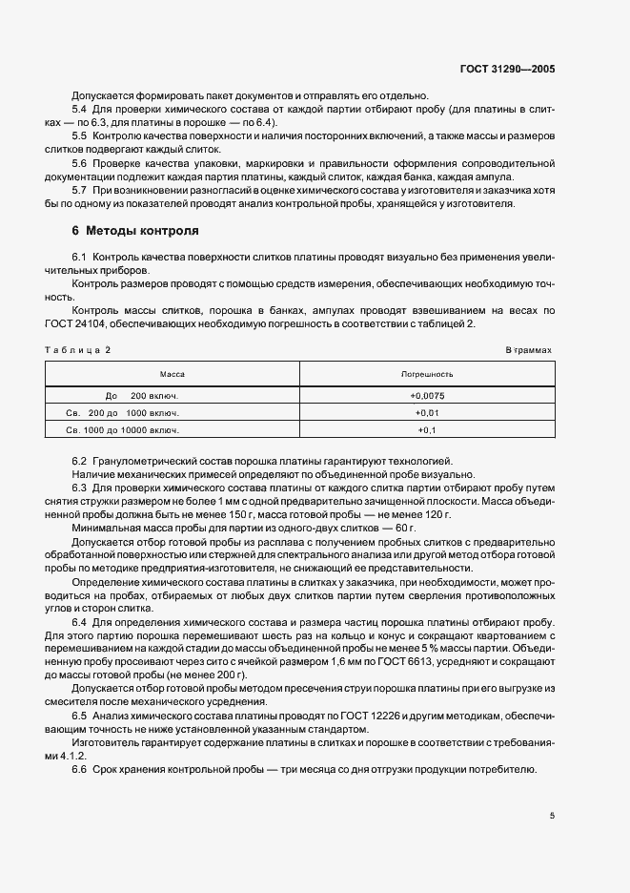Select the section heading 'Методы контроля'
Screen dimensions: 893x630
click(x=142, y=232)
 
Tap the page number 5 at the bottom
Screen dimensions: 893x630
click(x=553, y=816)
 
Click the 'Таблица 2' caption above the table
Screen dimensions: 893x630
click(x=78, y=350)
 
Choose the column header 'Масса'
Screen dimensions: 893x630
click(x=173, y=375)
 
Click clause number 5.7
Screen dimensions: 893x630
click(x=79, y=191)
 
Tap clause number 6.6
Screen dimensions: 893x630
click(x=79, y=770)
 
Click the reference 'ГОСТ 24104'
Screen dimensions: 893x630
click(x=72, y=324)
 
